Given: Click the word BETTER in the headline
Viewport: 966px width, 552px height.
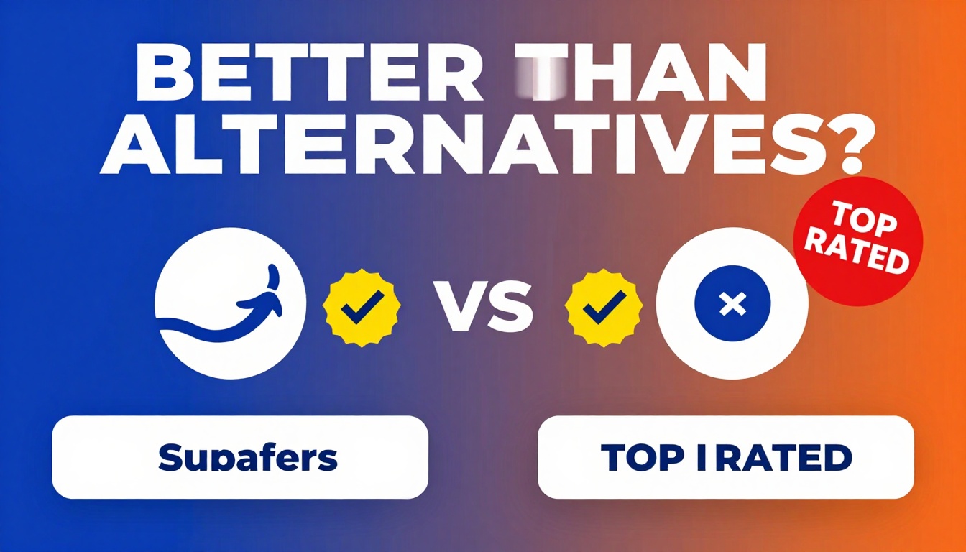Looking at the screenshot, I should click(309, 75).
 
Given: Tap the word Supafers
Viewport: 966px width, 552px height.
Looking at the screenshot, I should click(248, 457).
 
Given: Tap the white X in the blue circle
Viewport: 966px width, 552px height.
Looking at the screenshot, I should click(732, 305).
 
